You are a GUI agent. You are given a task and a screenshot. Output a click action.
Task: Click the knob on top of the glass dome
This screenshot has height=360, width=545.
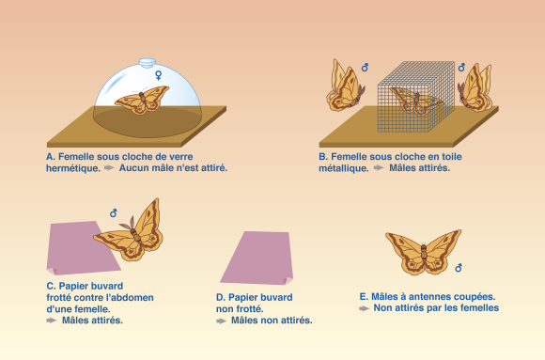pyautogui.click(x=148, y=63)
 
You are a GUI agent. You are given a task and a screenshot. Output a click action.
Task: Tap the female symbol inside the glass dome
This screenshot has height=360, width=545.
pyautogui.click(x=159, y=75)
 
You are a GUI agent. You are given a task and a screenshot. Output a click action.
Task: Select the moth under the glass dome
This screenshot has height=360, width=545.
pyautogui.click(x=142, y=100)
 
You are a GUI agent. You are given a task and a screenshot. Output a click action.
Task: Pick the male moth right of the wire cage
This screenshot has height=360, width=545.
pyautogui.click(x=475, y=87)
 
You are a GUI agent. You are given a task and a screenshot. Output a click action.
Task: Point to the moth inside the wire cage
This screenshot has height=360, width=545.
pyautogui.click(x=416, y=101)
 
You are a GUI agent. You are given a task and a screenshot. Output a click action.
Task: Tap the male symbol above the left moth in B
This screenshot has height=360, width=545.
pyautogui.click(x=365, y=68)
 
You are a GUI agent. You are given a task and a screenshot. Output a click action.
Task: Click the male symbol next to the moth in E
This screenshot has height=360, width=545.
pyautogui.click(x=459, y=268)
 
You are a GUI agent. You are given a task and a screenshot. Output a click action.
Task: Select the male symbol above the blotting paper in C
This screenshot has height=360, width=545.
pyautogui.click(x=114, y=212)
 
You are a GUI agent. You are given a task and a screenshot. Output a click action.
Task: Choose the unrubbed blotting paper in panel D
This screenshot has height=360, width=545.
pyautogui.click(x=257, y=258)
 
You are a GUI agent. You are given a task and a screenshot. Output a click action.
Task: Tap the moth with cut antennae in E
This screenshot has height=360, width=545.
pyautogui.click(x=424, y=252)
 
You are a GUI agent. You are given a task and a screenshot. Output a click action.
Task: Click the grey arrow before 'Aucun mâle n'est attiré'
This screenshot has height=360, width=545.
pyautogui.click(x=109, y=167)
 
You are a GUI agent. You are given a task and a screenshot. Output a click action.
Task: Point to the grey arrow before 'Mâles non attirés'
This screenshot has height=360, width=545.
pyautogui.click(x=221, y=321)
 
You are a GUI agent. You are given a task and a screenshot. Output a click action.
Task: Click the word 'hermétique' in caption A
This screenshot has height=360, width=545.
pyautogui.click(x=73, y=168)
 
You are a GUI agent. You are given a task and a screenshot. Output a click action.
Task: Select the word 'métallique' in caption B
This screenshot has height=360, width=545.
pyautogui.click(x=344, y=168)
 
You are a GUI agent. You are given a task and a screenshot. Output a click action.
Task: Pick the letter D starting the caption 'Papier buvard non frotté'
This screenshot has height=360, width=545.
pyautogui.click(x=220, y=298)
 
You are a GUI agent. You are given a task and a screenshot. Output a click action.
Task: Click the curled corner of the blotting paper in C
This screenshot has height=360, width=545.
pyautogui.click(x=51, y=272)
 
